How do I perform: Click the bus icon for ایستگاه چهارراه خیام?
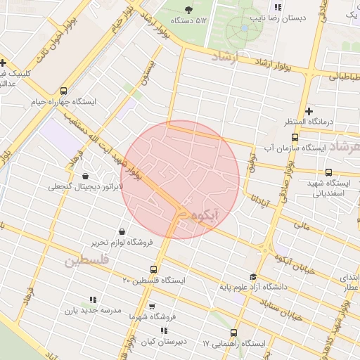tap(65, 91)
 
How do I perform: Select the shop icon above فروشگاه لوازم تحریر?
tap(122, 231)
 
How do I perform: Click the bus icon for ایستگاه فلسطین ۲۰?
tap(154, 269)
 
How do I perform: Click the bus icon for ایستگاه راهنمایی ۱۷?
tap(234, 333)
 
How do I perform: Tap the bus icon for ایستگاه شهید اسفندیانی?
tap(328, 172)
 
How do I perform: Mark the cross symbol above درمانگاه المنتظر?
tap(309, 111)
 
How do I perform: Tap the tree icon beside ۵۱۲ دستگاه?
tap(188, 9)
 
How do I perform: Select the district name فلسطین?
tap(86, 261)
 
